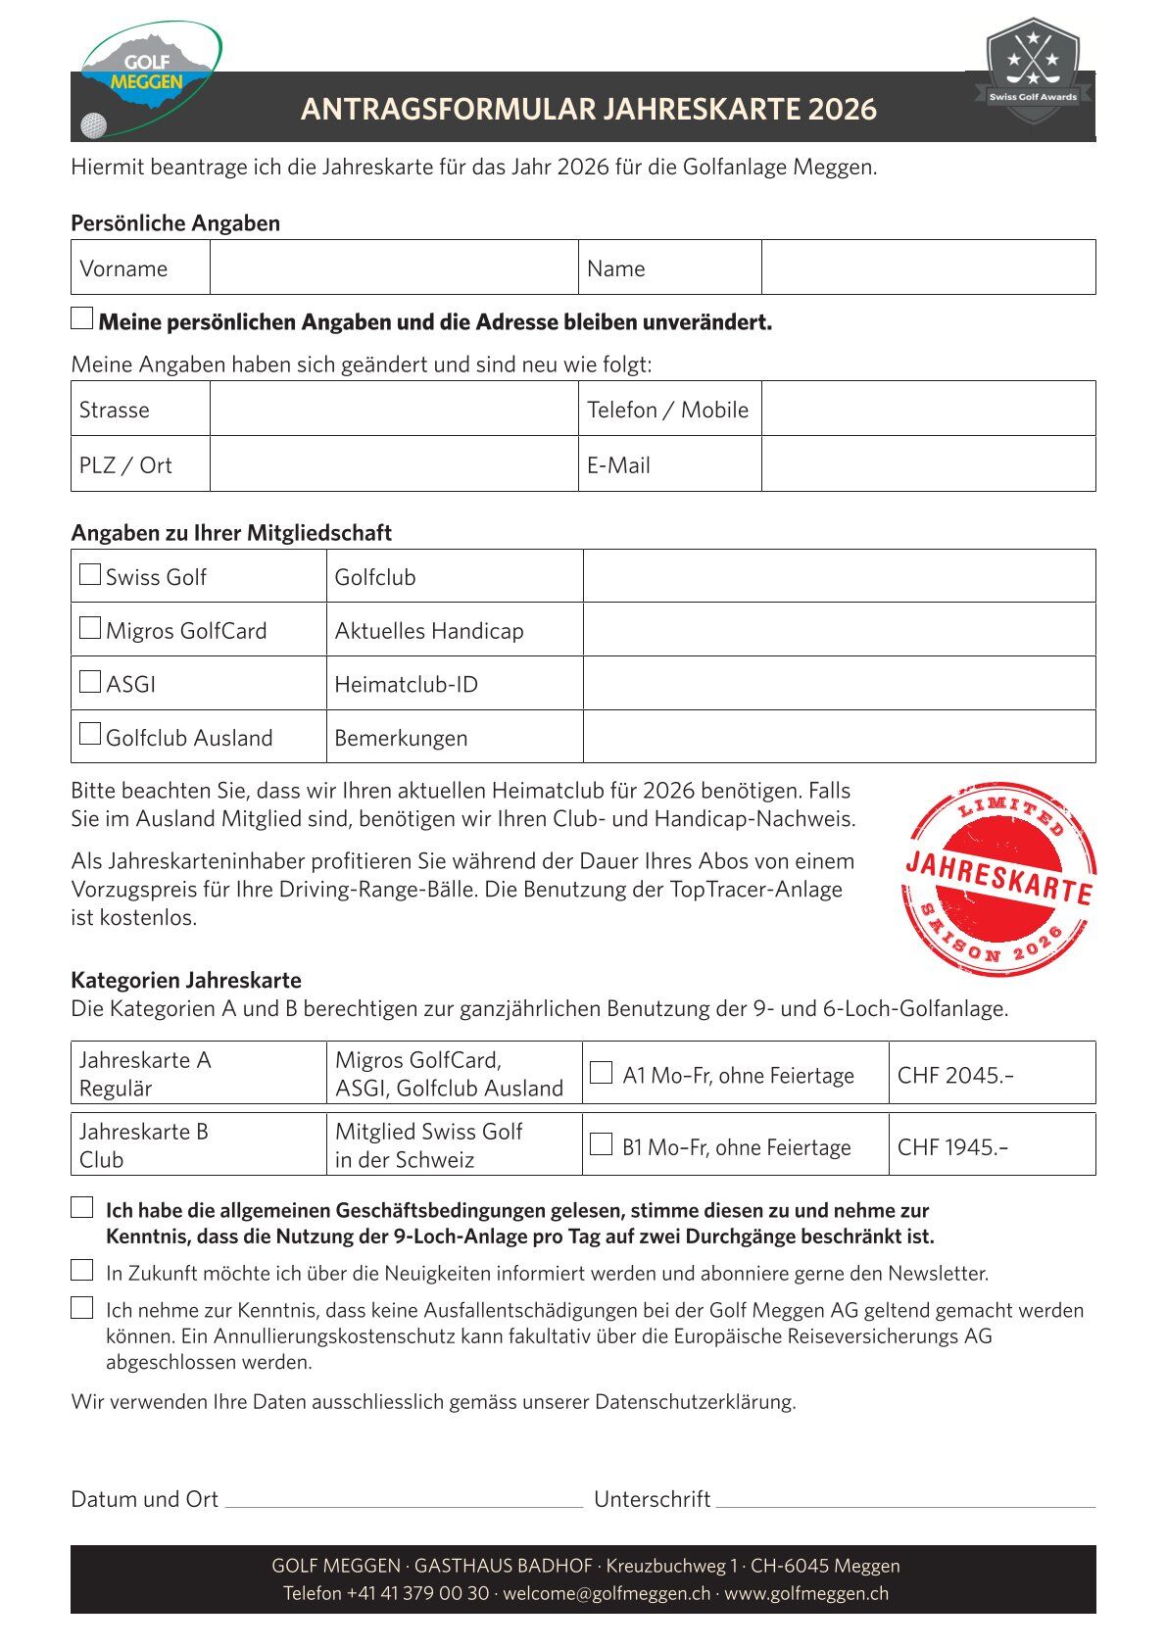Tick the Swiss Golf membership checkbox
(x=90, y=574)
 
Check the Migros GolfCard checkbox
(x=90, y=628)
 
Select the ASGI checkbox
(x=90, y=682)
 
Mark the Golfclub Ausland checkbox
(x=90, y=734)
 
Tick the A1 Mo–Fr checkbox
(x=601, y=1073)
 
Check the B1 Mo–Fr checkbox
(x=601, y=1144)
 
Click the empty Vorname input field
(x=393, y=267)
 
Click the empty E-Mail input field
(x=927, y=463)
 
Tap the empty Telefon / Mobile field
(x=927, y=409)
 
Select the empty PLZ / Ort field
(x=393, y=463)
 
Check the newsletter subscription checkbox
(x=82, y=1271)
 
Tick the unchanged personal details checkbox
(x=82, y=318)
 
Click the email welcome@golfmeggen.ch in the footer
(x=607, y=1593)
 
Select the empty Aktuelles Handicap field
(x=839, y=629)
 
